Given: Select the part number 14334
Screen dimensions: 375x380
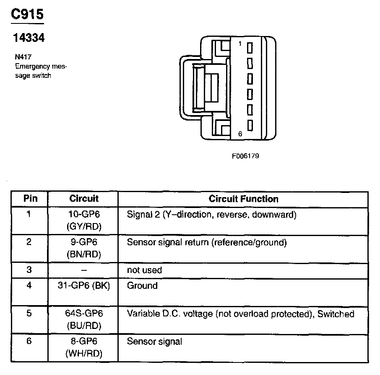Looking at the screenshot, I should point(29,38).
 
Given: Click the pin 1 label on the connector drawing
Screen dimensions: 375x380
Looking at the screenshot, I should point(240,44).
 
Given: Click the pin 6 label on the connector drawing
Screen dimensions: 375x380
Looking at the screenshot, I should point(240,134).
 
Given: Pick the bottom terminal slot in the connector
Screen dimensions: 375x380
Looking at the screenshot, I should point(250,125).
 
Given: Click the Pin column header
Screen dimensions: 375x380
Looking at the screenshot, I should point(30,199).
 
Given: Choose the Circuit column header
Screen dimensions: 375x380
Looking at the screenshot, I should point(84,199).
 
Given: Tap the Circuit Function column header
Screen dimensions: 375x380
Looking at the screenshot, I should point(243,199).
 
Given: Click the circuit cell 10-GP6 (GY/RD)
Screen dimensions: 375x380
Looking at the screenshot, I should point(84,221).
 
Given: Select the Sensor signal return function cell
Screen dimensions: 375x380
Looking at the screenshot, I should point(206,242).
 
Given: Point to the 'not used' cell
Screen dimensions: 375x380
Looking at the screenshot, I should point(144,270).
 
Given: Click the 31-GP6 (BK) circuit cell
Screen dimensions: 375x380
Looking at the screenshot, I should point(84,286).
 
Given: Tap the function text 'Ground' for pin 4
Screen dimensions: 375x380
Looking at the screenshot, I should point(142,286).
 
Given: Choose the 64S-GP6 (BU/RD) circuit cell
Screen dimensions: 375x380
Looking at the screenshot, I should point(84,319).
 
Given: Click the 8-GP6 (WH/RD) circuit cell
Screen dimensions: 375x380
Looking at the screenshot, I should point(84,347).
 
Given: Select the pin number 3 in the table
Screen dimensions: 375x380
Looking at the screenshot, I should point(29,270).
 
